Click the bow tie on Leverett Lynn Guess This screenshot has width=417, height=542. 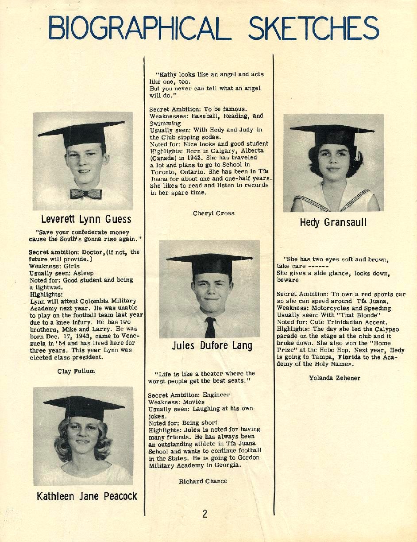click(x=86, y=194)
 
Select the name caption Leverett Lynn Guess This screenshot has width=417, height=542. click(x=86, y=219)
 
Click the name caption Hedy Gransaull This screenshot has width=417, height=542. click(x=333, y=222)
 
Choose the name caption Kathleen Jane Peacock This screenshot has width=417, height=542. click(x=87, y=496)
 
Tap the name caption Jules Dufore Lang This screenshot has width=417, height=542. click(x=212, y=346)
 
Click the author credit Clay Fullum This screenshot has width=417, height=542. click(x=76, y=371)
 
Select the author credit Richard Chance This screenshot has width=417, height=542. click(x=203, y=481)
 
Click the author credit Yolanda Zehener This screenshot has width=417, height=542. click(x=335, y=378)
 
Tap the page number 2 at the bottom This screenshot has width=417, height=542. click(x=205, y=514)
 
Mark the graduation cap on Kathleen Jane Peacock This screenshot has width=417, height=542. click(x=84, y=406)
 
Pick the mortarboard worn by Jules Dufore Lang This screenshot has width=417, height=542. click(x=210, y=263)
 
